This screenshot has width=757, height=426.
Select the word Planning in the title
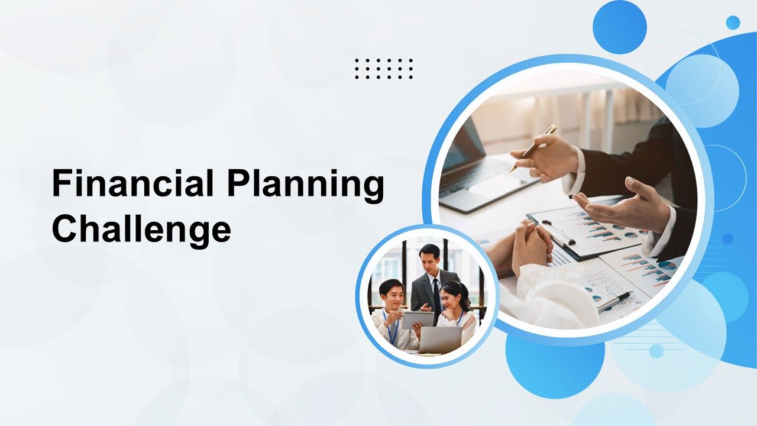306,186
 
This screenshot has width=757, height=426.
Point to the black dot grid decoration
384,69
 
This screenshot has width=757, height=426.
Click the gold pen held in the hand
533,148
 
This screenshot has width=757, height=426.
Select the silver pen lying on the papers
614,302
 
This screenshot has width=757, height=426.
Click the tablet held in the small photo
418,320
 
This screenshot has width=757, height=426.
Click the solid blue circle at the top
620,27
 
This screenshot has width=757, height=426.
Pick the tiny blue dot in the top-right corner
733,22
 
